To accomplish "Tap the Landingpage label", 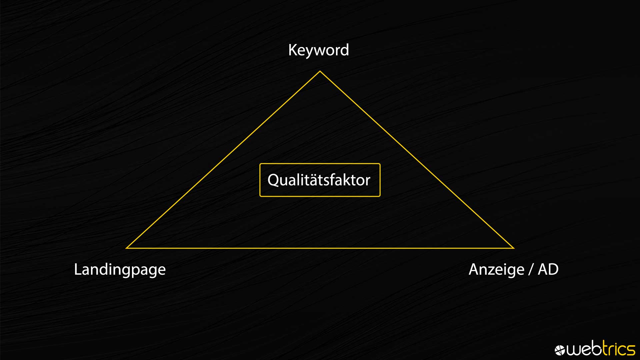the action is coord(120,270).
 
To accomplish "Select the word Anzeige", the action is coord(496,270).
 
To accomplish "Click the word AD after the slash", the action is coord(548,269).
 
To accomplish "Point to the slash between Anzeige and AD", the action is coord(531,269).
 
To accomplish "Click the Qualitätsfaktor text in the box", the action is coord(319,180).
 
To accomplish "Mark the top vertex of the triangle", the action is coord(320,71).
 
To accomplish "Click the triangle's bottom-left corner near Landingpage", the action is coord(126,248).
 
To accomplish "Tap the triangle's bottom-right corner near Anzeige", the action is coord(514,248).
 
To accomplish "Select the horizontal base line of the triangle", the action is coord(320,248).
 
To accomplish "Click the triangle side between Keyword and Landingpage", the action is coord(223,160).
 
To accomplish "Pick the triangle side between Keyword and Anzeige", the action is coord(417,160).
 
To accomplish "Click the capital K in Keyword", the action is coord(292,50).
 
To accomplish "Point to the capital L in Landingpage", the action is coord(78,269).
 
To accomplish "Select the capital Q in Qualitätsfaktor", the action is coord(273,180).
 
